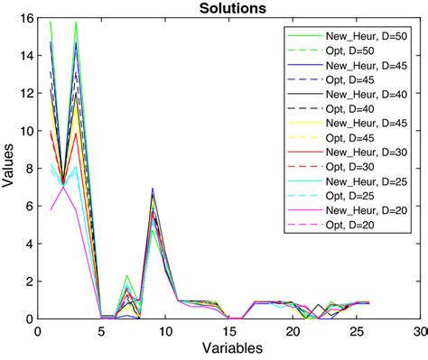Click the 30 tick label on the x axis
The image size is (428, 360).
click(419, 331)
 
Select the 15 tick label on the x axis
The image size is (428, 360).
click(228, 331)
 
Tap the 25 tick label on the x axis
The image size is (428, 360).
click(355, 331)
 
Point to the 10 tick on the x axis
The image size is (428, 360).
click(164, 331)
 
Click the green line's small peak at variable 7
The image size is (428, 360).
click(126, 275)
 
